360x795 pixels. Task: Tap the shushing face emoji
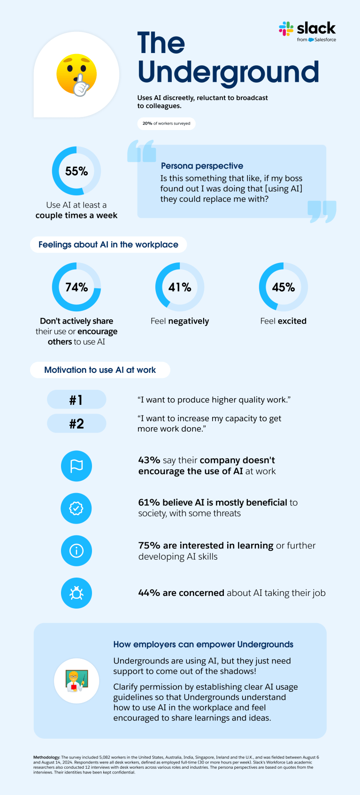point(77,75)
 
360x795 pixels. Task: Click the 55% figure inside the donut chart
point(77,171)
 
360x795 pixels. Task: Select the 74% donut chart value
point(77,287)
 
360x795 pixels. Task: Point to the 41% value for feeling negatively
point(180,287)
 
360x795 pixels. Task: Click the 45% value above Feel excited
point(283,287)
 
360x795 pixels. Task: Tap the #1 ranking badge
point(77,400)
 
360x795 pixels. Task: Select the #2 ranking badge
point(77,424)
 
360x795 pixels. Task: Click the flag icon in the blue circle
point(77,466)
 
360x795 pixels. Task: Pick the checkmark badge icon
point(77,508)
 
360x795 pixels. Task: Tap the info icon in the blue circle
point(77,551)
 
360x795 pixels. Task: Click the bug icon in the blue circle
point(77,593)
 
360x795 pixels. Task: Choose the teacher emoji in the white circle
point(77,680)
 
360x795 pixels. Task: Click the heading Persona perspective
point(202,166)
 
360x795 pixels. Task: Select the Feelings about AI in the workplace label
point(108,245)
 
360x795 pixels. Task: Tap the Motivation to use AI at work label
point(100,370)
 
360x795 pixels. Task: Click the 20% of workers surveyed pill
point(167,123)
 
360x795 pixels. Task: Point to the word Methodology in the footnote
point(46,757)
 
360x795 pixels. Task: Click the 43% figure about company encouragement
point(149,460)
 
